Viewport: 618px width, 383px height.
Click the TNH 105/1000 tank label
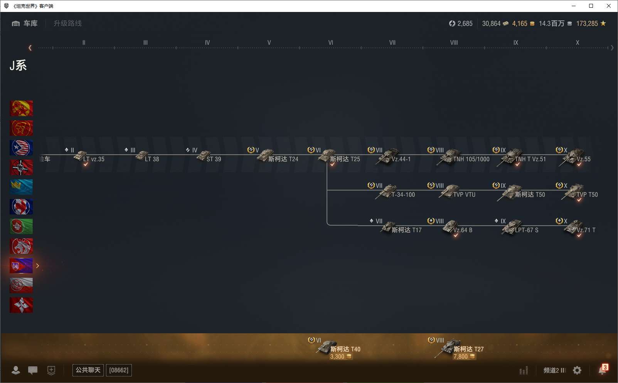[x=471, y=159]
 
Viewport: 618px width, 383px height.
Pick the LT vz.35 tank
[x=93, y=159]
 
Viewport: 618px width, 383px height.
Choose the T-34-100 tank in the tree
[x=403, y=194]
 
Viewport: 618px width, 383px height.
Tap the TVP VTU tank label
[x=464, y=194]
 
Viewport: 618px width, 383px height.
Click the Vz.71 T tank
[x=586, y=230]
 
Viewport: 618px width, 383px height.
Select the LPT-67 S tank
[x=526, y=230]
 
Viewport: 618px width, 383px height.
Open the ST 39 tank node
[x=214, y=159]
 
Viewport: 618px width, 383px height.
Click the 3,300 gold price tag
[x=340, y=357]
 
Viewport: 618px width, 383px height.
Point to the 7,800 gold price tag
[x=464, y=357]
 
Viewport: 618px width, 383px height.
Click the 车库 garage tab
[x=25, y=24]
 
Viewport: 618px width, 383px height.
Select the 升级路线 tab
[x=67, y=24]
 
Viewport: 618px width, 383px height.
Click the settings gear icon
[x=577, y=370]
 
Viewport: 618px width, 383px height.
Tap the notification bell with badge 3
[x=602, y=370]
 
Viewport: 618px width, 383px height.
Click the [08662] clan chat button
[x=119, y=370]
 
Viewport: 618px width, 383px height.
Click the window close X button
[x=609, y=6]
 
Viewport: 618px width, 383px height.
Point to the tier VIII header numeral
[x=454, y=43]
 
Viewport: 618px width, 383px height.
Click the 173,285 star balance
[x=591, y=24]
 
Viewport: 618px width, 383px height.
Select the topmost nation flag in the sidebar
[x=21, y=108]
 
